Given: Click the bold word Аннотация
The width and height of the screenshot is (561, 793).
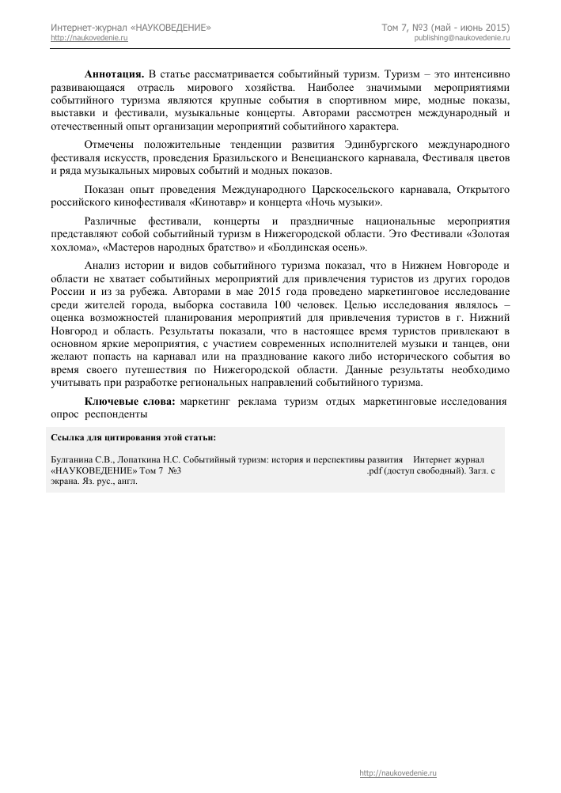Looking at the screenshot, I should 114,74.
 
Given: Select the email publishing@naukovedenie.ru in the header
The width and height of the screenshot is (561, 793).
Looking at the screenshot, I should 462,38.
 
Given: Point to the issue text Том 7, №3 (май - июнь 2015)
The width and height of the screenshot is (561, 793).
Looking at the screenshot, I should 446,28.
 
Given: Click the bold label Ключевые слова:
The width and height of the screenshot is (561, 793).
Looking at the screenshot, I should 131,402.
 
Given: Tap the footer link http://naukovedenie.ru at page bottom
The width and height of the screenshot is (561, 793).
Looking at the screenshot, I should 398,772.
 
